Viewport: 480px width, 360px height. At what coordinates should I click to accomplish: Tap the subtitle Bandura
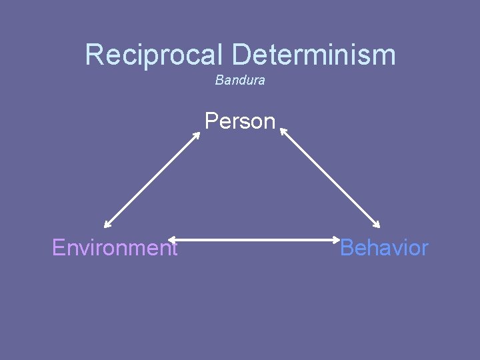point(240,80)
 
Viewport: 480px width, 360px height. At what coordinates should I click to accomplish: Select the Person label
point(240,121)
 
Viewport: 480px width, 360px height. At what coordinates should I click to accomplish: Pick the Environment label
point(115,248)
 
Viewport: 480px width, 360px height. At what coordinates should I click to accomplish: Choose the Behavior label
point(384,248)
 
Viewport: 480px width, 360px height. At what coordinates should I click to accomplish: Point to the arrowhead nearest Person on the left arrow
point(197,133)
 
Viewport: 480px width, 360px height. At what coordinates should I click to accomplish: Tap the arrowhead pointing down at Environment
point(107,225)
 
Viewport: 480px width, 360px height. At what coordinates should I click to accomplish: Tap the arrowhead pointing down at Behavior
point(377,226)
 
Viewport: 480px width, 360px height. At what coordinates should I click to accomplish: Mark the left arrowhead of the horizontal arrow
point(171,239)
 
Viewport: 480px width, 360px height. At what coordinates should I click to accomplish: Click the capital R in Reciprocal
point(95,55)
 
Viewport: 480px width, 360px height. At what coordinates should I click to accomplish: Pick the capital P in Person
point(211,121)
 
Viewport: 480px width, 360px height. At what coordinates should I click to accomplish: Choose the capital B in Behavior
point(347,248)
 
